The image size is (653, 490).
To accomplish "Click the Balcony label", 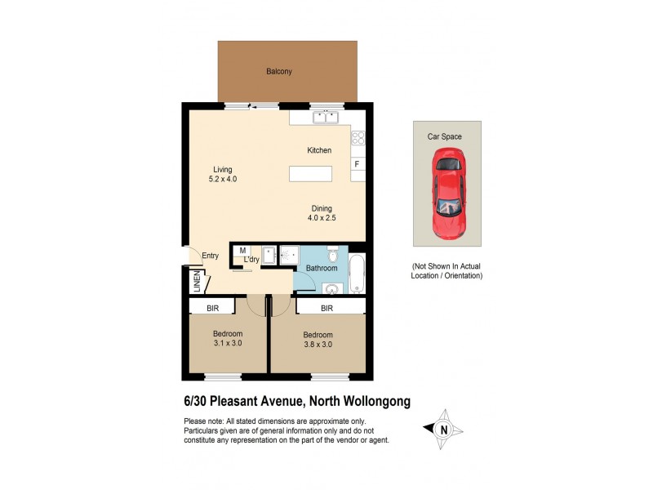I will pyautogui.click(x=278, y=72).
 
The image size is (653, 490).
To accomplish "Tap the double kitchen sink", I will pyautogui.click(x=326, y=118).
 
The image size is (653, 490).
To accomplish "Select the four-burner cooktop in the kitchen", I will pyautogui.click(x=358, y=138).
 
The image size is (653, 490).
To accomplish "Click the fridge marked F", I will pyautogui.click(x=357, y=164).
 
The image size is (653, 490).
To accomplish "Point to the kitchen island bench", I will pyautogui.click(x=310, y=174).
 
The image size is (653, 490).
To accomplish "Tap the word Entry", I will pyautogui.click(x=211, y=256).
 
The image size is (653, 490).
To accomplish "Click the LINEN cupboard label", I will pyautogui.click(x=197, y=283).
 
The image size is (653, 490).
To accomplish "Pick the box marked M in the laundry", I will pyautogui.click(x=244, y=250).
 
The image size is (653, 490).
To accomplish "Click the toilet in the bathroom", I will pyautogui.click(x=331, y=254).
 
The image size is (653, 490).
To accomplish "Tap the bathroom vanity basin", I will pyautogui.click(x=331, y=287).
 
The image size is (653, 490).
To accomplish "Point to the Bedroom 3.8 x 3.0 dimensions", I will pyautogui.click(x=318, y=345).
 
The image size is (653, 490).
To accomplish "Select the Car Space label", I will pyautogui.click(x=446, y=136).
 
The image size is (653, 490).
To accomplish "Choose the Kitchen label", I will pyautogui.click(x=318, y=150).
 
